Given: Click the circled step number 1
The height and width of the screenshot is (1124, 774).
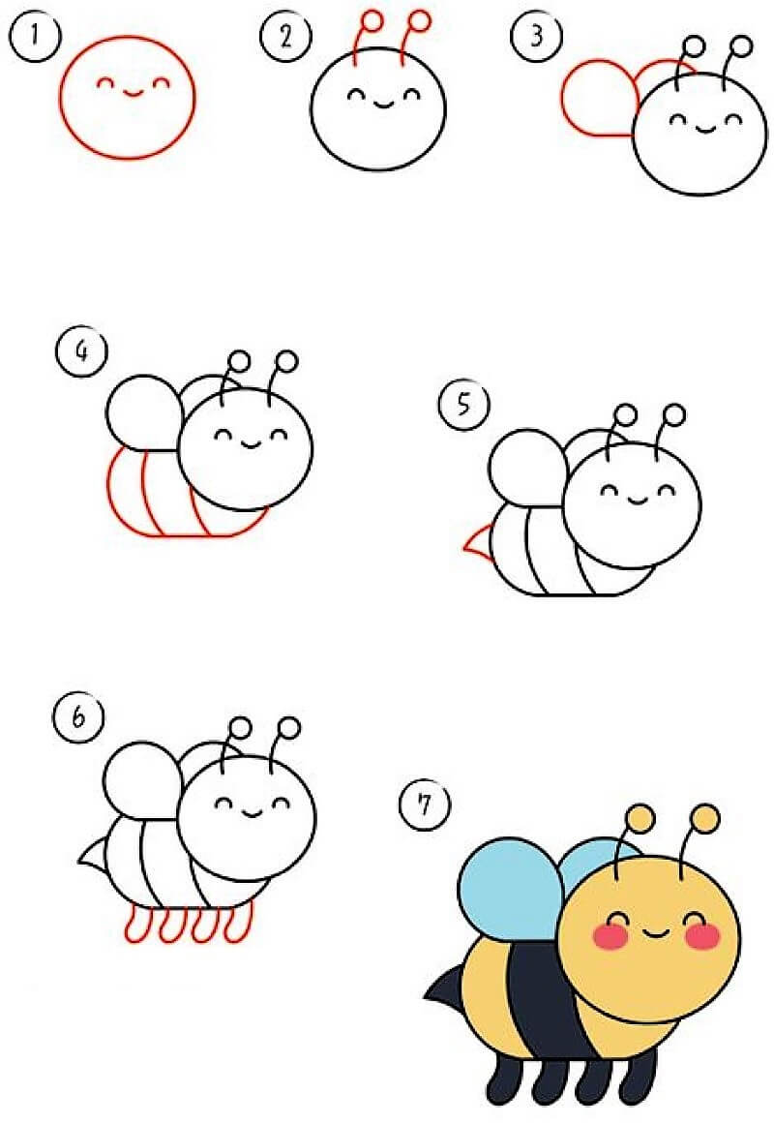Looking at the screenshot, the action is click(35, 35).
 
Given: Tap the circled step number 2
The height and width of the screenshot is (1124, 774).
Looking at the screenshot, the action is click(285, 36).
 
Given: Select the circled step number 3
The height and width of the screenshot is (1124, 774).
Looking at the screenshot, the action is click(536, 36).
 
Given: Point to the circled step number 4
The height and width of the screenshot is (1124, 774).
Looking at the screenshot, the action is click(81, 352).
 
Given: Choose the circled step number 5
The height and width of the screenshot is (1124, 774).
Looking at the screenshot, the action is click(463, 405).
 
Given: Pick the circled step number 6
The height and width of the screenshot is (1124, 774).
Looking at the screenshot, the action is click(78, 716).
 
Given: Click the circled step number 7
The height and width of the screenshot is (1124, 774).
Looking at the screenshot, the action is click(425, 805).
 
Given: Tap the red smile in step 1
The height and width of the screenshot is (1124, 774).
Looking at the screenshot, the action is click(134, 93).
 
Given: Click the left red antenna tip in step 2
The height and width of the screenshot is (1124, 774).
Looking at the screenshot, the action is click(372, 20).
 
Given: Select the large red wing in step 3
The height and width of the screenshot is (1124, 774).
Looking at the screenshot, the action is click(599, 99).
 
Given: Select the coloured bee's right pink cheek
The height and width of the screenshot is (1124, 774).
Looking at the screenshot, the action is click(702, 936).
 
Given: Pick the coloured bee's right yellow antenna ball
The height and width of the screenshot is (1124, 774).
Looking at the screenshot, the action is click(706, 819).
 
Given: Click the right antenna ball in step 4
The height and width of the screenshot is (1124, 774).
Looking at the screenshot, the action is click(286, 361).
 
